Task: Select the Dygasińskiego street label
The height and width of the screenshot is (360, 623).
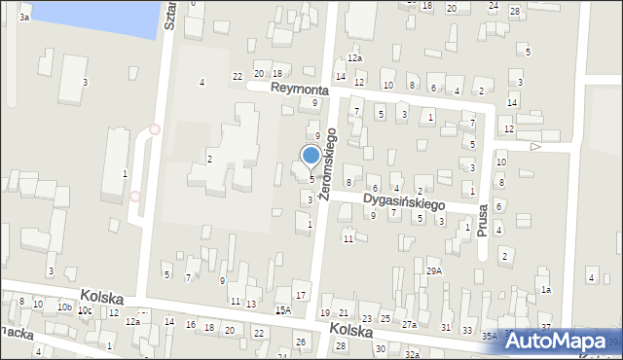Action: pyautogui.click(x=403, y=201)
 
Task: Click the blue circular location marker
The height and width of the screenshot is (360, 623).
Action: pyautogui.click(x=311, y=156)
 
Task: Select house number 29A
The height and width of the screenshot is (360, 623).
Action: pyautogui.click(x=434, y=271)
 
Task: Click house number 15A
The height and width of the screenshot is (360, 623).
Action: pyautogui.click(x=282, y=310)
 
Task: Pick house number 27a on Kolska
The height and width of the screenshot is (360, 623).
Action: pyautogui.click(x=410, y=325)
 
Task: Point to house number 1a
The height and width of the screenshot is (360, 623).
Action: pyautogui.click(x=546, y=290)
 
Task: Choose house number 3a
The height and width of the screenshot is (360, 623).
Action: pyautogui.click(x=24, y=18)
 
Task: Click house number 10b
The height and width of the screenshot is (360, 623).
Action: pyautogui.click(x=64, y=307)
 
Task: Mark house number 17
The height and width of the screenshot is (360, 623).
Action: pyautogui.click(x=301, y=295)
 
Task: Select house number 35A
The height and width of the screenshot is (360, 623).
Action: pyautogui.click(x=488, y=336)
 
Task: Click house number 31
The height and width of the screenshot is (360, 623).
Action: pyautogui.click(x=445, y=327)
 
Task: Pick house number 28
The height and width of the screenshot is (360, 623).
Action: pyautogui.click(x=514, y=10)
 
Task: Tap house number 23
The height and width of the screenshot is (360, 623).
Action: pyautogui.click(x=366, y=318)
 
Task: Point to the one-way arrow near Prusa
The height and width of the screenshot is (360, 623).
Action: pyautogui.click(x=534, y=147)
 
